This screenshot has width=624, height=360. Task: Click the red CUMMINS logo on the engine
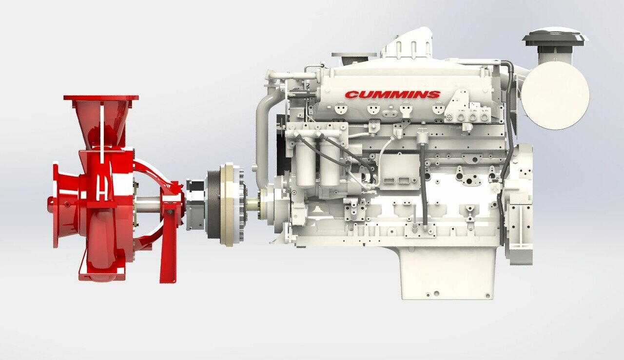(x=392, y=95)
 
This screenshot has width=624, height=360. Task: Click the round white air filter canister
(x=555, y=95)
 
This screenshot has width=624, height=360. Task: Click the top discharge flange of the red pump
(x=101, y=98)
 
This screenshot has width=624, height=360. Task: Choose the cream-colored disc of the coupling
(x=227, y=204)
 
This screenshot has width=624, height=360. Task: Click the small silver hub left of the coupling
(x=195, y=205)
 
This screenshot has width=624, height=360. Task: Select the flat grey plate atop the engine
(x=354, y=55)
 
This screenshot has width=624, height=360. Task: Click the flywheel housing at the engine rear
(x=519, y=205)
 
